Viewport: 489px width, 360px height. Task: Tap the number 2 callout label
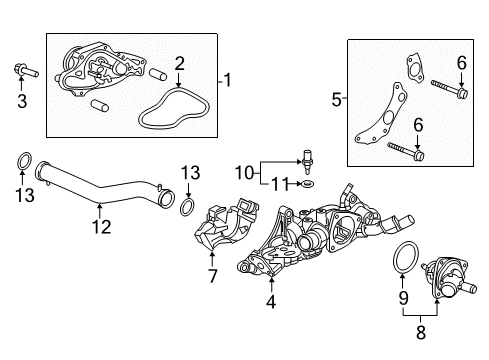(180, 63)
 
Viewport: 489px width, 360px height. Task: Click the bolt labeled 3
(21, 71)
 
